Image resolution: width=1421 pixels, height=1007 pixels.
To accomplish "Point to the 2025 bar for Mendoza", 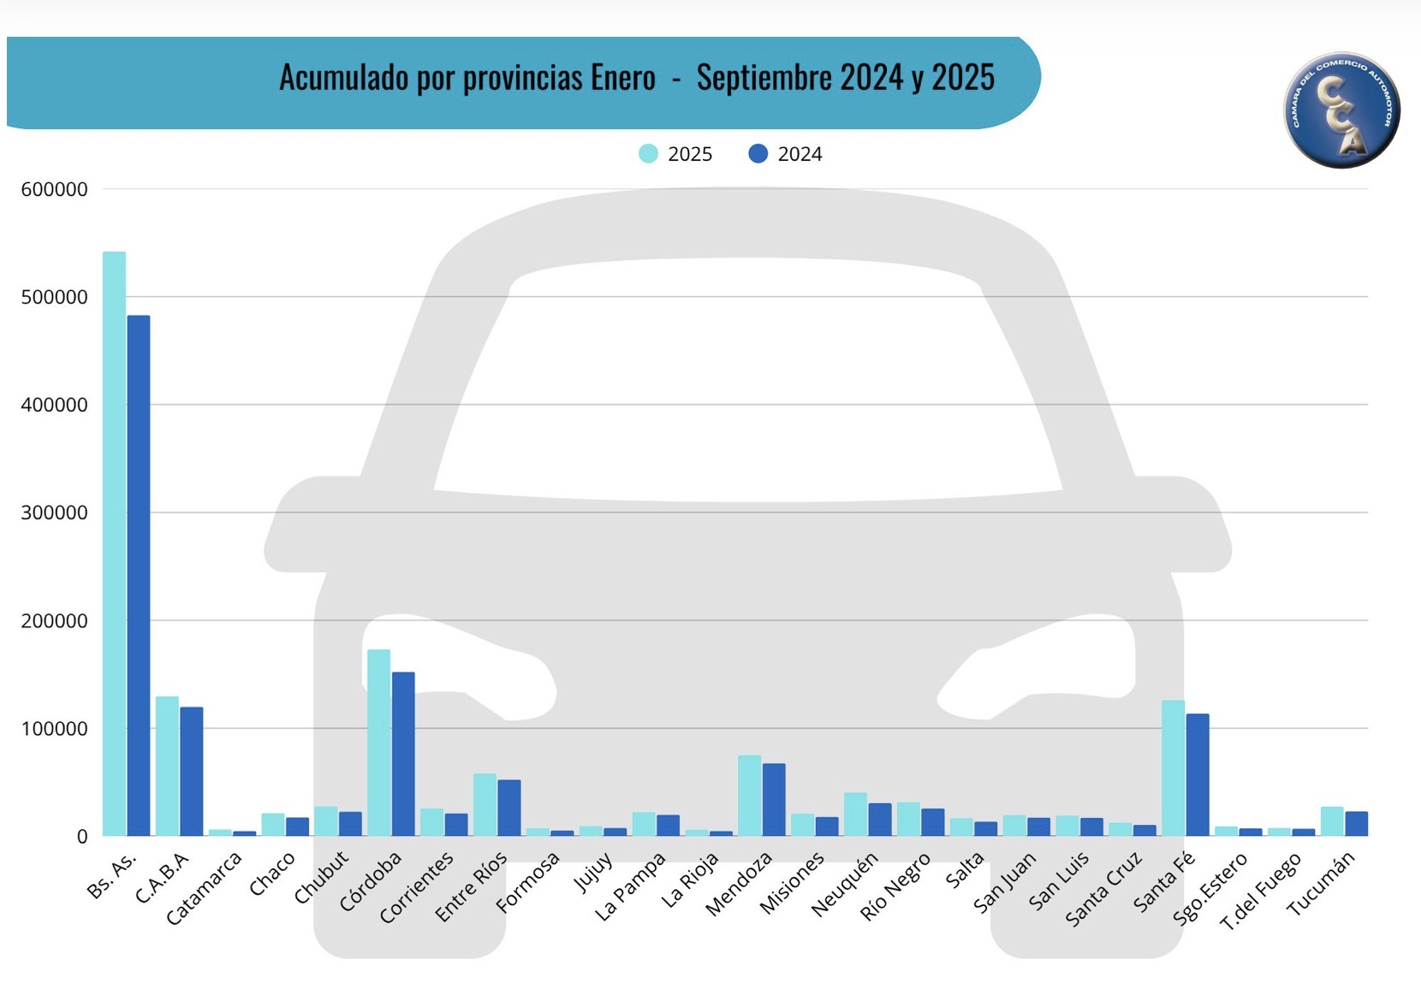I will [x=750, y=795].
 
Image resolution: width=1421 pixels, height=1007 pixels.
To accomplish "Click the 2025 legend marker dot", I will [x=648, y=154].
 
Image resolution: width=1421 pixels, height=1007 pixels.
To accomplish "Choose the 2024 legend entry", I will [x=785, y=154].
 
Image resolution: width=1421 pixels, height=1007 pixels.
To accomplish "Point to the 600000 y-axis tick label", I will [x=54, y=190].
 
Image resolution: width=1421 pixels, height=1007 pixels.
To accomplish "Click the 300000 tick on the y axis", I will [x=54, y=513].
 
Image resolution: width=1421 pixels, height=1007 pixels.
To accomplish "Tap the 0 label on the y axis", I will [x=82, y=837].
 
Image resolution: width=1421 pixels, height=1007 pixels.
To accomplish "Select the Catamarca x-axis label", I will [x=205, y=888].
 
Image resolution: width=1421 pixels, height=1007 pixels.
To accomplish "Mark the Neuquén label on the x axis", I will [x=844, y=885].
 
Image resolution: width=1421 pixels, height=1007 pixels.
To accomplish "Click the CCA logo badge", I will [x=1341, y=110].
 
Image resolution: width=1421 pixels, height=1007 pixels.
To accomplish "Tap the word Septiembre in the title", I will [x=764, y=78].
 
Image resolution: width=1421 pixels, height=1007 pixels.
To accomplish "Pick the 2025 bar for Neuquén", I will [x=855, y=814].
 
